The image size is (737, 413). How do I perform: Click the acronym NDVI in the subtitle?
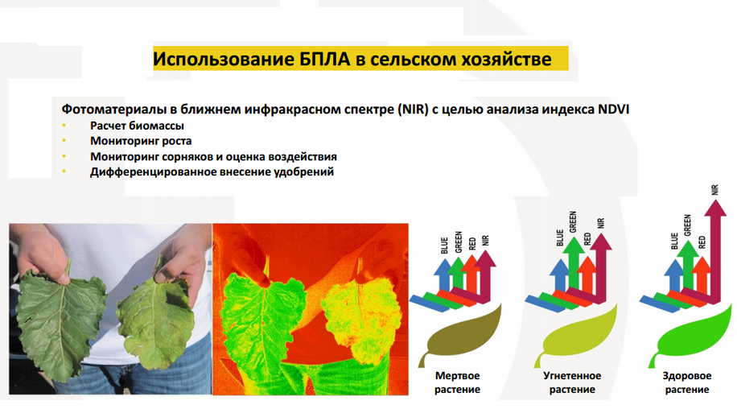click(x=613, y=109)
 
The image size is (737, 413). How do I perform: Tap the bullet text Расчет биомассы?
click(x=137, y=126)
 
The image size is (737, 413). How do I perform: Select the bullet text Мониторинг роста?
click(x=141, y=141)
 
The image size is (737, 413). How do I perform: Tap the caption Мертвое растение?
click(x=457, y=382)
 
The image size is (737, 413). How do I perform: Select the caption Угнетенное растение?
click(x=572, y=382)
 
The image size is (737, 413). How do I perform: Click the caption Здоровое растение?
click(x=686, y=382)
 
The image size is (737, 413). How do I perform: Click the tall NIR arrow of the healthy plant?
click(x=715, y=250)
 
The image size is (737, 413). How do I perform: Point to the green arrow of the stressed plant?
click(x=574, y=263)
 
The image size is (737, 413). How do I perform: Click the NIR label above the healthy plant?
click(x=715, y=190)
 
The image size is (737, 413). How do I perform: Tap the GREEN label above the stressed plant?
click(x=573, y=222)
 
